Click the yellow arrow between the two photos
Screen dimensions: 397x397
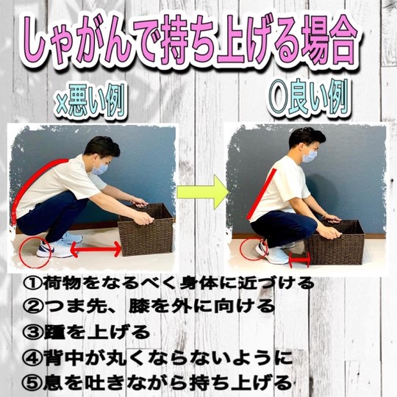click(201, 192)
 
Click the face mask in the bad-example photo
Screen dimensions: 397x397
click(99, 168)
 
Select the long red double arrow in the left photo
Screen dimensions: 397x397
click(96, 249)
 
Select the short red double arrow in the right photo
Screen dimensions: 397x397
click(299, 260)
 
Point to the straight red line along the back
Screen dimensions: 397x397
click(262, 194)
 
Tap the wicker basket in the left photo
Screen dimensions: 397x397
click(146, 230)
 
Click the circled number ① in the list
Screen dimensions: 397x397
click(32, 284)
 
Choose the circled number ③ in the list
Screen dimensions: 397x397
click(32, 332)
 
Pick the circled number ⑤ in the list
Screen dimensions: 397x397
click(32, 383)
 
